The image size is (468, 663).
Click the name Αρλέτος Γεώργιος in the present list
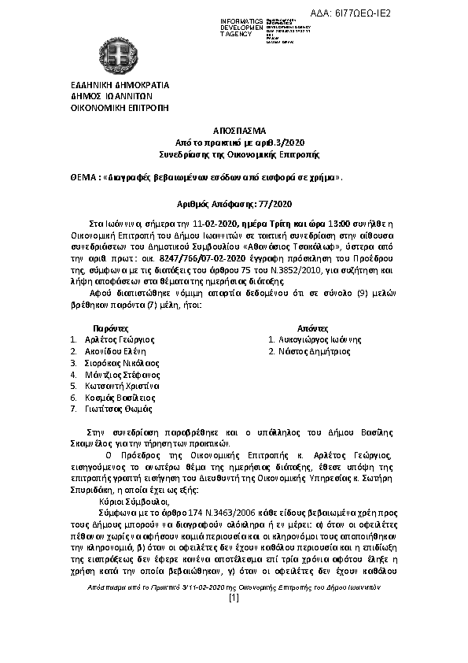pyautogui.click(x=120, y=339)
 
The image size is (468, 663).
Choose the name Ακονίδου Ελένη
pyautogui.click(x=117, y=351)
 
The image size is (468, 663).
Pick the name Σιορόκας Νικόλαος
pyautogui.click(x=122, y=363)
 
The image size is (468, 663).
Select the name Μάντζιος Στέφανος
pyautogui.click(x=122, y=375)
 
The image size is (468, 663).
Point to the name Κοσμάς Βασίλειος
pyautogui.click(x=120, y=398)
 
